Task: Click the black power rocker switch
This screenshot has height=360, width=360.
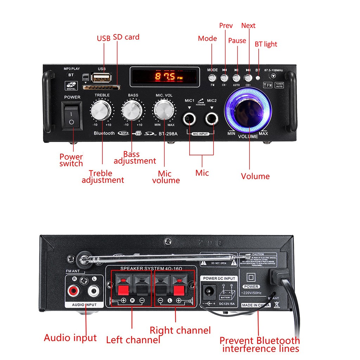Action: click(72, 116)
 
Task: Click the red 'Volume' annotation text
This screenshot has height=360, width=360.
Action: click(255, 176)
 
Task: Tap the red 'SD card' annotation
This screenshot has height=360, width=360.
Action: click(126, 37)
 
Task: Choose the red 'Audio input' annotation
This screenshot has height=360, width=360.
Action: click(70, 338)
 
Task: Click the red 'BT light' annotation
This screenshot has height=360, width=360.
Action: click(266, 44)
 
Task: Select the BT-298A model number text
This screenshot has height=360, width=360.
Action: click(168, 133)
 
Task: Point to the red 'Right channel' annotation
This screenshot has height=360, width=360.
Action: click(180, 330)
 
